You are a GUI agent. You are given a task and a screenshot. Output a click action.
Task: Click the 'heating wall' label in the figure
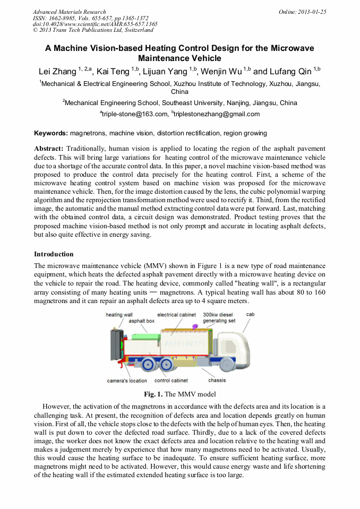click(119, 315)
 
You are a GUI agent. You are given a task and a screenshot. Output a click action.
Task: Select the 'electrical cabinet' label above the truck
click(176, 315)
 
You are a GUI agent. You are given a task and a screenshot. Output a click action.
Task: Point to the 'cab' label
click(250, 314)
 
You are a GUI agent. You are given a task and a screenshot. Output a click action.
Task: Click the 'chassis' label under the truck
click(217, 380)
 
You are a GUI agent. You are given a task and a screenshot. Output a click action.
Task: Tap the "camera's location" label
click(127, 381)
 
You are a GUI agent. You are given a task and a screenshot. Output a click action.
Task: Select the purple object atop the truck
click(195, 325)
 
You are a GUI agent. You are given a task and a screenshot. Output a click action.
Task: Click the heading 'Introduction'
click(54, 254)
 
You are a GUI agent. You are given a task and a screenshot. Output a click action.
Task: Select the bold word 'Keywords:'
click(51, 133)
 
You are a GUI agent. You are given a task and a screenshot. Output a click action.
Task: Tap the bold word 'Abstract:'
click(49, 149)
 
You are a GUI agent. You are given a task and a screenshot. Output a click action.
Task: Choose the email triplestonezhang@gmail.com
click(217, 114)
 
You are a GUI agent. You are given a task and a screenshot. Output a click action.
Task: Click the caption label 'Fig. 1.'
click(153, 394)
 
